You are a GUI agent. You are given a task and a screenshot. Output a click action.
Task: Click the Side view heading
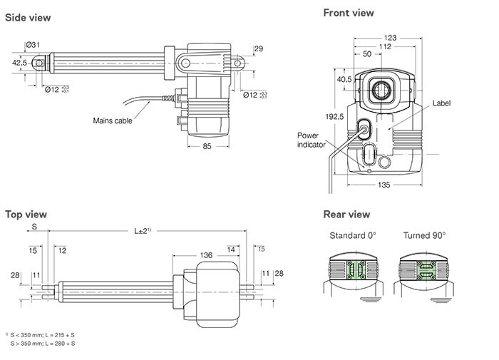point(28,18)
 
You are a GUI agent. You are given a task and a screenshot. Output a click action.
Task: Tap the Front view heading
point(349,13)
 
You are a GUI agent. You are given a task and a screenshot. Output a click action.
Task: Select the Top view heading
point(26,215)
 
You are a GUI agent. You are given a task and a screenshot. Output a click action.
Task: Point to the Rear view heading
point(346,214)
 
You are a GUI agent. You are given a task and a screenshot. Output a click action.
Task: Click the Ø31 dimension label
point(33,45)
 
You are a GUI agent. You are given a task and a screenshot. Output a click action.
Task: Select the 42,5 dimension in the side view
point(19,63)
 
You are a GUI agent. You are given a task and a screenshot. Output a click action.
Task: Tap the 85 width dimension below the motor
point(207,146)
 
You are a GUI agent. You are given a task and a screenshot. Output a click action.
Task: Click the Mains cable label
point(113,120)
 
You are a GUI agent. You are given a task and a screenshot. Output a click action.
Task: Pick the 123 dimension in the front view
point(390,38)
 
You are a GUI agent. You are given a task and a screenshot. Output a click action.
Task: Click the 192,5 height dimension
point(334,117)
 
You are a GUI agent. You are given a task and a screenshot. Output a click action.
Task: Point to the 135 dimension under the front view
point(384,185)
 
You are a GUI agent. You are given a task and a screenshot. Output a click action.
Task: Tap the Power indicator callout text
point(311,140)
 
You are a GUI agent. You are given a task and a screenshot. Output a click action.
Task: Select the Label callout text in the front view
point(441,103)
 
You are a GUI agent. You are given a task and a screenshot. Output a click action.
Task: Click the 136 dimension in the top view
point(206,255)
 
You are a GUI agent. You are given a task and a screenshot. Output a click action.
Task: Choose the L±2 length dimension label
point(143,230)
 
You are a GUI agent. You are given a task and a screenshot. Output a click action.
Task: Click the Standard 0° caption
point(353,235)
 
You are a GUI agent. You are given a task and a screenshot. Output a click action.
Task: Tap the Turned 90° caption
point(424,235)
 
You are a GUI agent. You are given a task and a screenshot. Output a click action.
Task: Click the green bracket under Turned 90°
point(426,270)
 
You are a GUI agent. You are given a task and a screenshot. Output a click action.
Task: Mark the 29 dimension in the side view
point(259,48)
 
